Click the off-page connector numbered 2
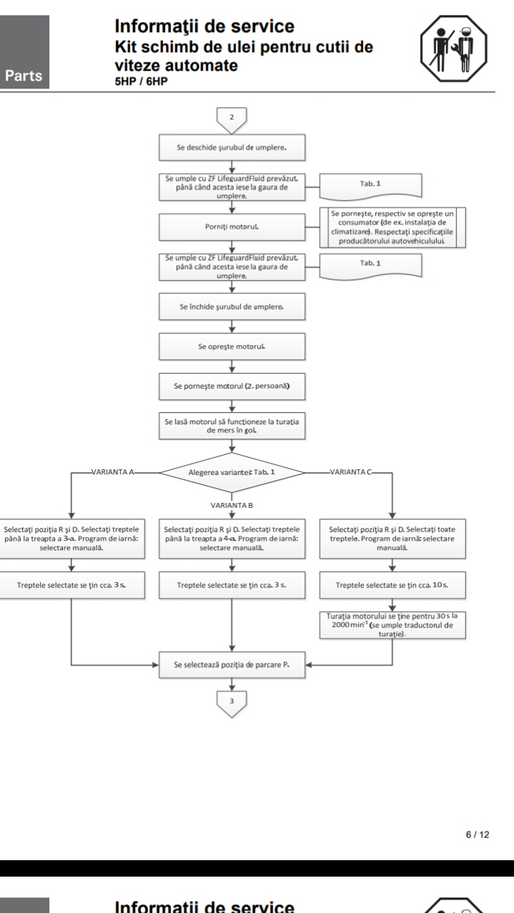[232, 120]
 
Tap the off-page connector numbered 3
[232, 703]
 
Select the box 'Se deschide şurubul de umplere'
[232, 148]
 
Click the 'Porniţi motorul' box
[232, 227]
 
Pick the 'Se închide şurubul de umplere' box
[232, 307]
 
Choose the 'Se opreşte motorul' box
[232, 347]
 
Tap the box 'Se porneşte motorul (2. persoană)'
[232, 386]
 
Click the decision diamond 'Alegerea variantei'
[232, 472]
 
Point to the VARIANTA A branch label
[113, 472]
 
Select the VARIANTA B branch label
[232, 506]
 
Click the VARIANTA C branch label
[351, 472]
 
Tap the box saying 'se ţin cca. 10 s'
[393, 586]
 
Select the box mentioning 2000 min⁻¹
[393, 625]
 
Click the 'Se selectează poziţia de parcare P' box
[232, 665]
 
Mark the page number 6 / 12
[478, 835]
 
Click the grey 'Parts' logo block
[24, 52]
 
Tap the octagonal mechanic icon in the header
[454, 49]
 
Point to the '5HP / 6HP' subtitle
[141, 81]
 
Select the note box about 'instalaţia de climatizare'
[393, 228]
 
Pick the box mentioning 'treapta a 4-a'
[232, 539]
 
